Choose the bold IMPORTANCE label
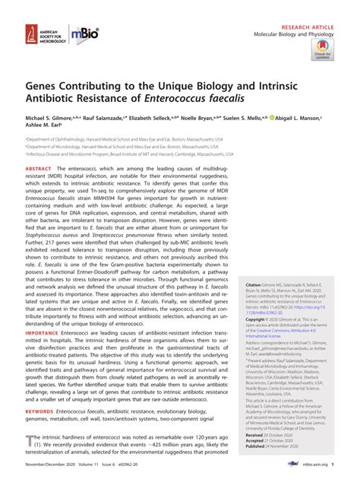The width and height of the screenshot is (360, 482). pos(44,353)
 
